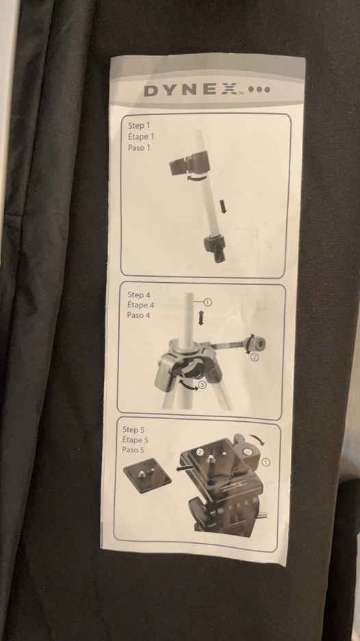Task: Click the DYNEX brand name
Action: coord(191,90)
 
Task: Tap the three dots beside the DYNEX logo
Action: coord(259,90)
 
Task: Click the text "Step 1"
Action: coord(139,125)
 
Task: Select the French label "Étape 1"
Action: coord(141,136)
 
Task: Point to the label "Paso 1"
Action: coord(139,147)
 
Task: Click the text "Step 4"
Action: coord(136,294)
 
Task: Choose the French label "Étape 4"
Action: coord(140,305)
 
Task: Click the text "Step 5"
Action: coord(133,429)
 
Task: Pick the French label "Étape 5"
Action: coord(135,440)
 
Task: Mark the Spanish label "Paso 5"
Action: coord(133,450)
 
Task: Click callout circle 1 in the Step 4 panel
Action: coord(207,303)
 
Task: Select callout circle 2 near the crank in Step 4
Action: coord(254,357)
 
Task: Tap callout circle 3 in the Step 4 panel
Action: coord(203,384)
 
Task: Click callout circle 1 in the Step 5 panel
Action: coord(266,462)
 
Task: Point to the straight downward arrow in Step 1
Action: coord(222,206)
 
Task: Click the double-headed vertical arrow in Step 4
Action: coord(201,318)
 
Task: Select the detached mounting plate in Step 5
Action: coord(147,475)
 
